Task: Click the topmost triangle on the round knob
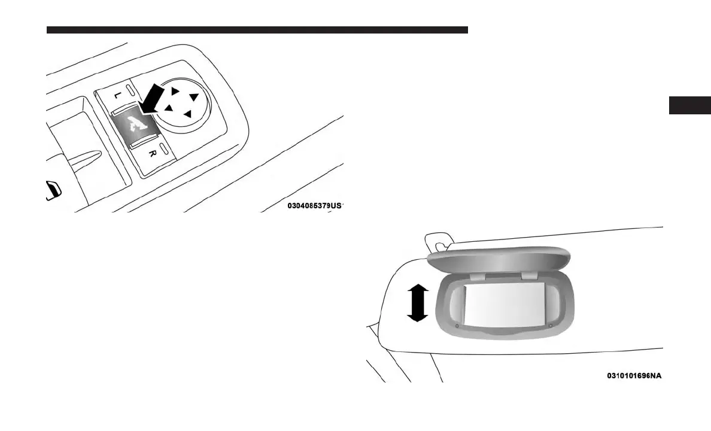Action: (176, 91)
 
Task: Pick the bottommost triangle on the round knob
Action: (188, 114)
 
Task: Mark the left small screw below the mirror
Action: (457, 326)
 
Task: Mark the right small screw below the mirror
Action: (551, 326)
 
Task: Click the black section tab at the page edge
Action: (690, 105)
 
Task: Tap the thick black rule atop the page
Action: (257, 29)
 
